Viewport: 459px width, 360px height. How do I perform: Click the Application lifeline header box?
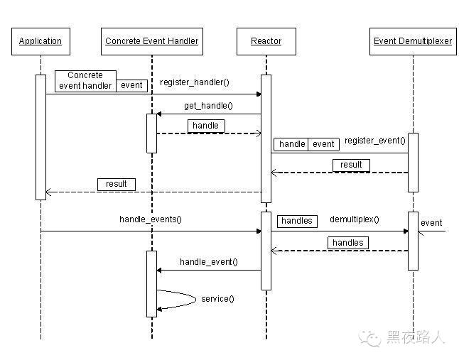(40, 41)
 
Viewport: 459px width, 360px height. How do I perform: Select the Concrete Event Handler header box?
(151, 41)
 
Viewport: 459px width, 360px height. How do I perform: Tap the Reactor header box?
(266, 41)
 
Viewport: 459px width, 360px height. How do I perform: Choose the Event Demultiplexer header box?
(412, 41)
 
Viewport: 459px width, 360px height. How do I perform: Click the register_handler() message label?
(194, 82)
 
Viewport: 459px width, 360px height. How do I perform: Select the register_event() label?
(374, 141)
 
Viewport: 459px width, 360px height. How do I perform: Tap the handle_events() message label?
(150, 219)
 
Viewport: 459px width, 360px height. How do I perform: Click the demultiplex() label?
(354, 219)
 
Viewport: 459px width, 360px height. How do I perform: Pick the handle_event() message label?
(208, 262)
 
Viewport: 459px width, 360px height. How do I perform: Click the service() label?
(217, 298)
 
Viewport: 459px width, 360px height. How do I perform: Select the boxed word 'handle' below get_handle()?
(206, 126)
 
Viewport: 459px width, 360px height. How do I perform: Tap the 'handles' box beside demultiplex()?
(296, 221)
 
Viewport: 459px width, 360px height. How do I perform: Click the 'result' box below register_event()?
(351, 165)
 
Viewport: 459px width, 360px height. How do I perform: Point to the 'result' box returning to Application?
(117, 184)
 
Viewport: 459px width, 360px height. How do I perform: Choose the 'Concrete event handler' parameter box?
(85, 80)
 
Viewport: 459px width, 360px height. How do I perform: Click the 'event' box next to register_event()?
(323, 144)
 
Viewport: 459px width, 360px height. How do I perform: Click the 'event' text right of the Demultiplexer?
(431, 223)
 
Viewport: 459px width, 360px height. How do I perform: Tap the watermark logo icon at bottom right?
(370, 338)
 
